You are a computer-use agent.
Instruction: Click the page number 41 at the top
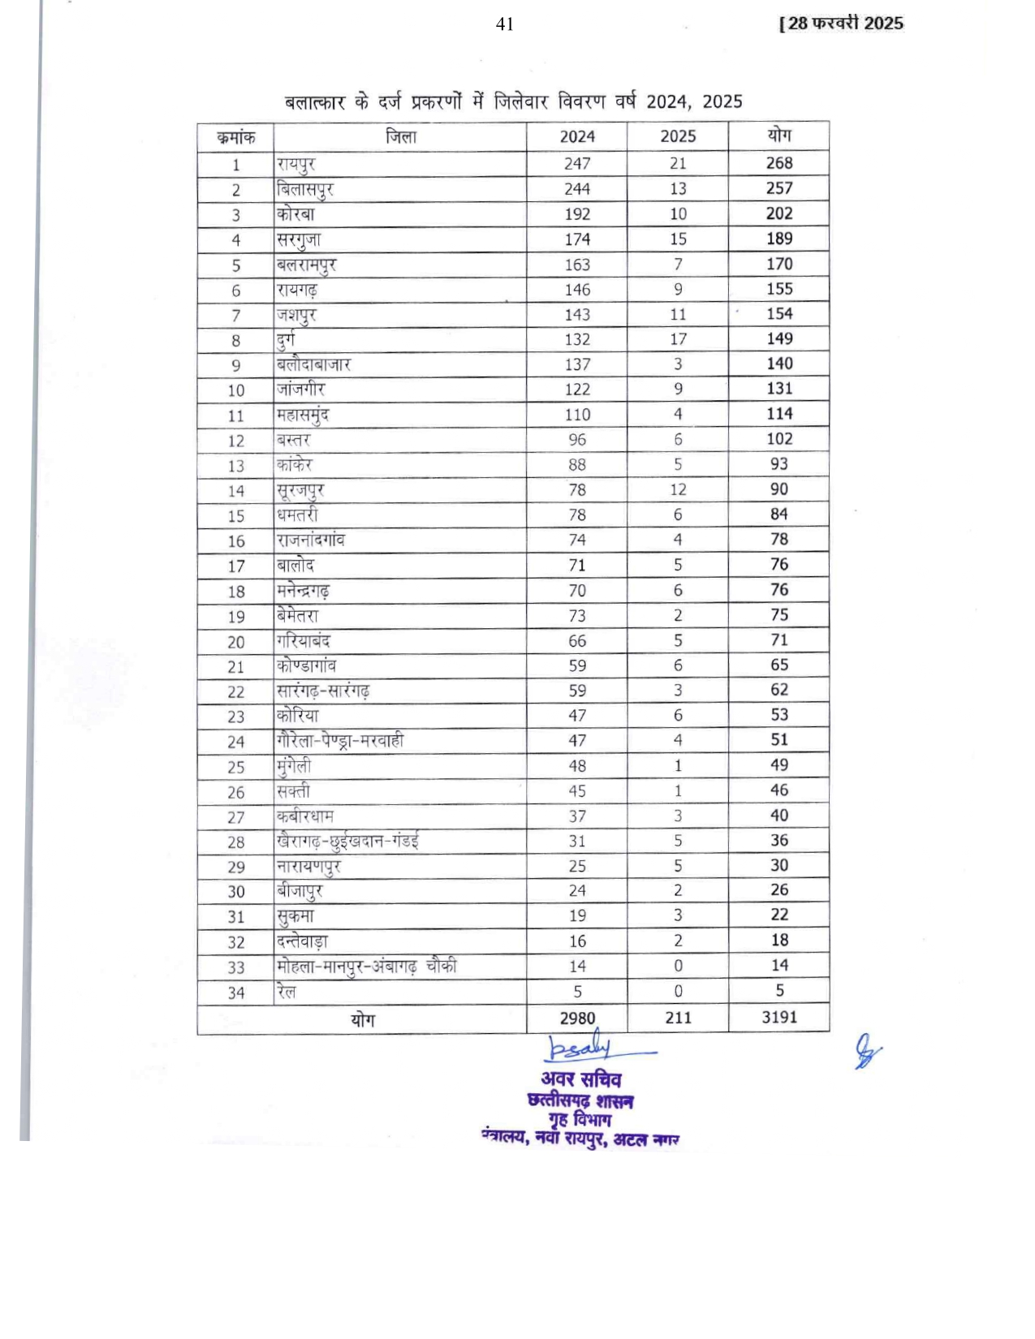coord(504,24)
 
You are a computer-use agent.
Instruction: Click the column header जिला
coord(400,136)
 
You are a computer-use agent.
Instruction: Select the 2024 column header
coord(576,136)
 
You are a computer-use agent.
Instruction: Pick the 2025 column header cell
coord(678,136)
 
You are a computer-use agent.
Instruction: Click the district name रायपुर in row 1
coord(295,164)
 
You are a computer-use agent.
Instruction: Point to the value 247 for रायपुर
coord(576,164)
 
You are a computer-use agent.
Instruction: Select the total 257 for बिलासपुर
coord(778,188)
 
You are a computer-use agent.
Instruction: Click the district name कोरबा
coord(295,214)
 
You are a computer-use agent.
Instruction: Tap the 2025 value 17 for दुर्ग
coord(678,339)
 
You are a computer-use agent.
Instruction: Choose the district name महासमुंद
coord(303,415)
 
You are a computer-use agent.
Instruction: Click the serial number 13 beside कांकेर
coord(235,466)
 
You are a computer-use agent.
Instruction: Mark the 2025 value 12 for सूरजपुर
coord(678,489)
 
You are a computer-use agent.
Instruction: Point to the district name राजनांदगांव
coord(311,540)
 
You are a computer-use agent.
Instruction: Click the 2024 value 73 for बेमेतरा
coord(576,615)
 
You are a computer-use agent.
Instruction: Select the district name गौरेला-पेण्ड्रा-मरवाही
coord(340,740)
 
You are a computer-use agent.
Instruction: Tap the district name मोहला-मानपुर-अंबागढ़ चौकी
coord(366,967)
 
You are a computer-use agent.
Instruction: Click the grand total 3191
coord(778,1017)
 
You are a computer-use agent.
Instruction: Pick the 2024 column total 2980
coord(576,1018)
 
